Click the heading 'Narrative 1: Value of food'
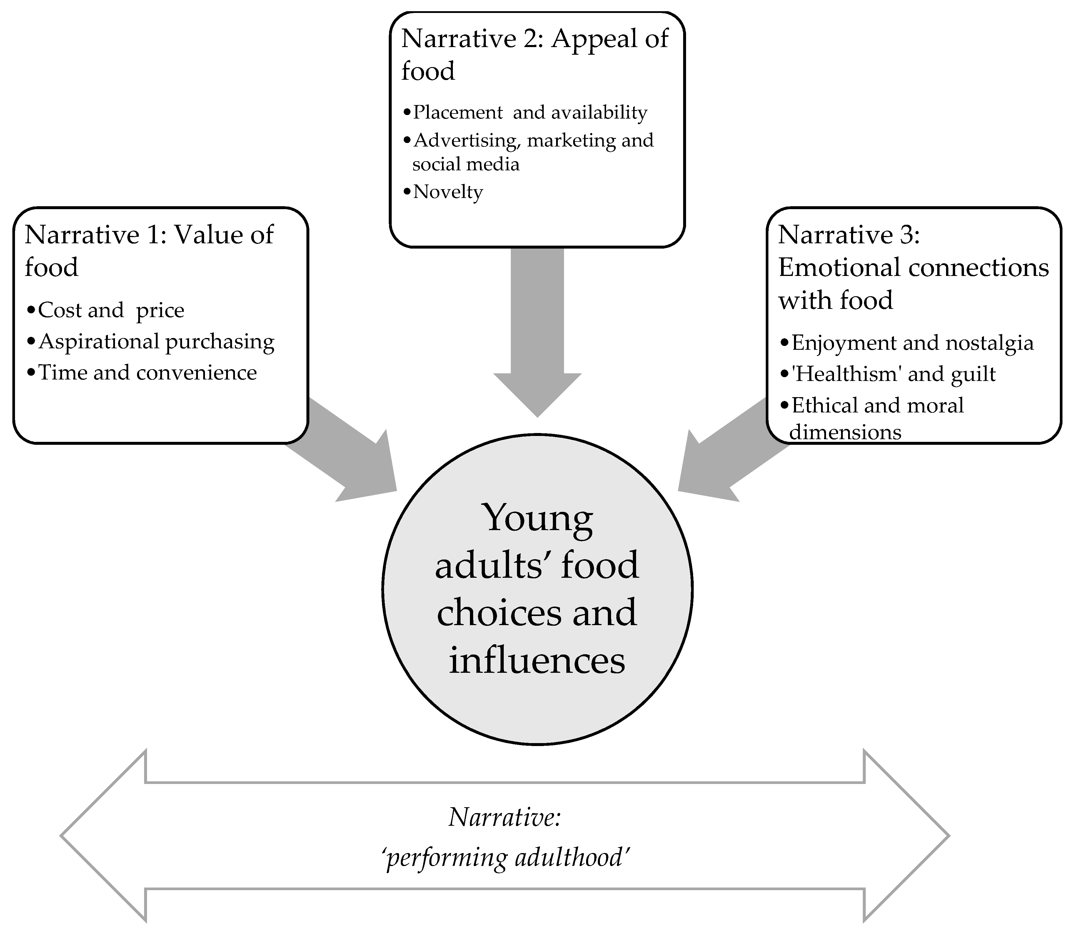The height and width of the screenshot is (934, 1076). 149,250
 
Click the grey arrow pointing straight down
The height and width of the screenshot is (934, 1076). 537,328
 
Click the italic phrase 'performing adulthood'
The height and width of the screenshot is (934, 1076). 506,858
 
